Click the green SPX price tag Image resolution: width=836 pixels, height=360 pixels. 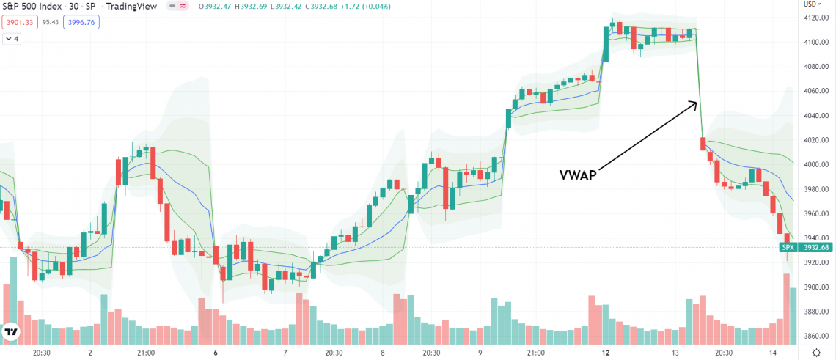[788, 248]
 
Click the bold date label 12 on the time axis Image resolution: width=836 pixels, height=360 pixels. [605, 353]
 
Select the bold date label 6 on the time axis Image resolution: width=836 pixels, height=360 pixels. [216, 353]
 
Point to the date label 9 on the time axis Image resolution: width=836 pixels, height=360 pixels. [480, 353]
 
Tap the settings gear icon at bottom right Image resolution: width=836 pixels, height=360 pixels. [818, 353]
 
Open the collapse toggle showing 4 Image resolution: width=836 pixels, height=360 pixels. [12, 38]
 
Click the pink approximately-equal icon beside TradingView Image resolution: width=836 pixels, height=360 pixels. [183, 7]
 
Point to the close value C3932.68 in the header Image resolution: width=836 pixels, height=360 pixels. [318, 7]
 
